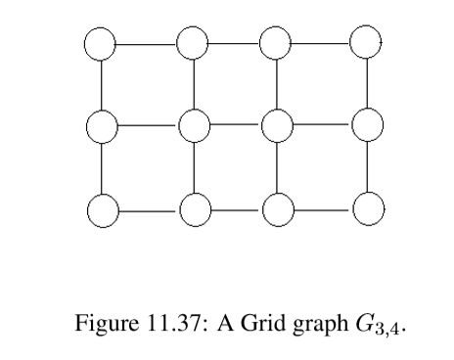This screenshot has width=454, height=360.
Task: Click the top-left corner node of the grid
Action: (x=101, y=43)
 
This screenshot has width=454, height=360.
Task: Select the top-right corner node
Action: (x=366, y=43)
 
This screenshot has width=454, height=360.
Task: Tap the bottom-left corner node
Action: (x=101, y=208)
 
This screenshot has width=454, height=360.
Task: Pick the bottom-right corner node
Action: (x=366, y=208)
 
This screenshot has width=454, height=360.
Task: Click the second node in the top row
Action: (x=193, y=43)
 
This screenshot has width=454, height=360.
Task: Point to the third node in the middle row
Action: (x=277, y=125)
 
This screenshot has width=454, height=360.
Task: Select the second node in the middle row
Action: (x=193, y=125)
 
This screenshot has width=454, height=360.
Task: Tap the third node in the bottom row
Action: (x=277, y=208)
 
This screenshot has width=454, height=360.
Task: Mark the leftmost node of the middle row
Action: (x=101, y=125)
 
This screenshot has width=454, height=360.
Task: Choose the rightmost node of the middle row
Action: (x=366, y=125)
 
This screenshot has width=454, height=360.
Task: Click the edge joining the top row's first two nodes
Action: (x=147, y=43)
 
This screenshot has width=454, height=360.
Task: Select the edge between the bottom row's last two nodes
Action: (x=321, y=208)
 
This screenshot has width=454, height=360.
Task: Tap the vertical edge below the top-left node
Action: (x=101, y=84)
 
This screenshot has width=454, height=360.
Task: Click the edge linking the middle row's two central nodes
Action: (x=235, y=125)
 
